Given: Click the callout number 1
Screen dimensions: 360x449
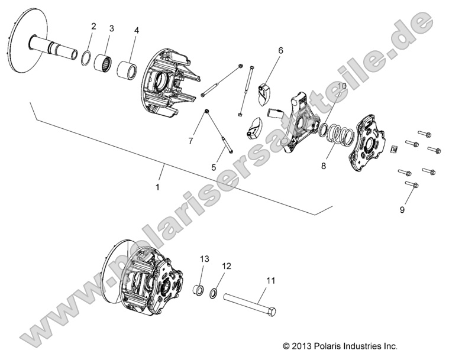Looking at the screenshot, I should (x=157, y=187).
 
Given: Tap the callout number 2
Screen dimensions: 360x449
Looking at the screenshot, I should (x=93, y=26).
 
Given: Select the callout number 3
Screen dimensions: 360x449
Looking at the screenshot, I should (x=111, y=28).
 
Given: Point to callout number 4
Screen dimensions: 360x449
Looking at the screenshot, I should (x=137, y=30).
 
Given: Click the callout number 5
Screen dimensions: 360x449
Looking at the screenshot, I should (x=214, y=167).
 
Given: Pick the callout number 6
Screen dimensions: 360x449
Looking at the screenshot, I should (x=280, y=51).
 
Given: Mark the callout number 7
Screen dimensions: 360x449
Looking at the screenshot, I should (x=191, y=141).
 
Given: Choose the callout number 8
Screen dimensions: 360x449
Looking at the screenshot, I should (x=324, y=167).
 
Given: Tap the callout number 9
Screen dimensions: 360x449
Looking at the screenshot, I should (x=402, y=209).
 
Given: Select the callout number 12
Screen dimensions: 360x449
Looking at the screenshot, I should (x=225, y=267).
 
